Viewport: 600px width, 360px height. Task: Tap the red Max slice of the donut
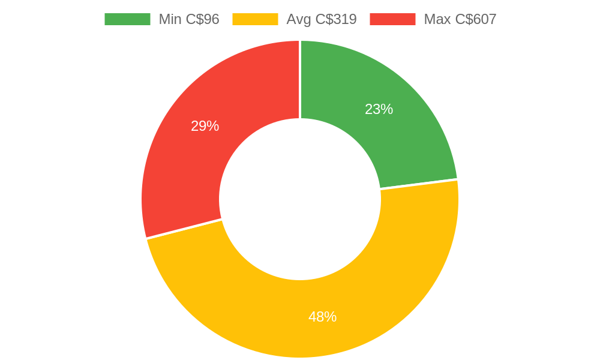[198, 156]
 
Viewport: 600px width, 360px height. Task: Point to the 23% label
[379, 109]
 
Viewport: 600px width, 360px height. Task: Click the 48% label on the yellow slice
[322, 317]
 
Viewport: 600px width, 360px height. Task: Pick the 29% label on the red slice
[205, 126]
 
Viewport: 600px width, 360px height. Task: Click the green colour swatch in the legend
[127, 19]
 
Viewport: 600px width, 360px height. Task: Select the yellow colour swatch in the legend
[255, 19]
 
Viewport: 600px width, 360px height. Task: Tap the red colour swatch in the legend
[392, 19]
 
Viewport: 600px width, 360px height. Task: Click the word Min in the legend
[170, 19]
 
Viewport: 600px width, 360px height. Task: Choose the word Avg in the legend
[299, 19]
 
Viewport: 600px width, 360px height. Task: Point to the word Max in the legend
[437, 19]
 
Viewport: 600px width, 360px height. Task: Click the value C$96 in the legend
[203, 19]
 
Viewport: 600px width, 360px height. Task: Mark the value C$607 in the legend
[476, 19]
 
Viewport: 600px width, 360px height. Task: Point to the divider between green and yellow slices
[419, 184]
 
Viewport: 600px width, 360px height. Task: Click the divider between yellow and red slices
[184, 229]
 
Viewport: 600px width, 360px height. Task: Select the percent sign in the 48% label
[331, 317]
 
